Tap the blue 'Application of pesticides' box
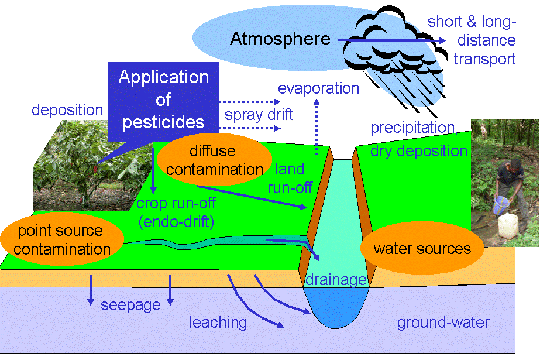(x=163, y=99)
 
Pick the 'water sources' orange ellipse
(x=422, y=248)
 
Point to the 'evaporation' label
(x=318, y=89)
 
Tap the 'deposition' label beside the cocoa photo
(x=67, y=109)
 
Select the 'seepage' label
(x=130, y=305)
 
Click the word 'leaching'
(x=218, y=322)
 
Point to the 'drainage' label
(x=336, y=279)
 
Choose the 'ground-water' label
(x=443, y=323)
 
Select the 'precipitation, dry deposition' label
(x=418, y=139)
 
